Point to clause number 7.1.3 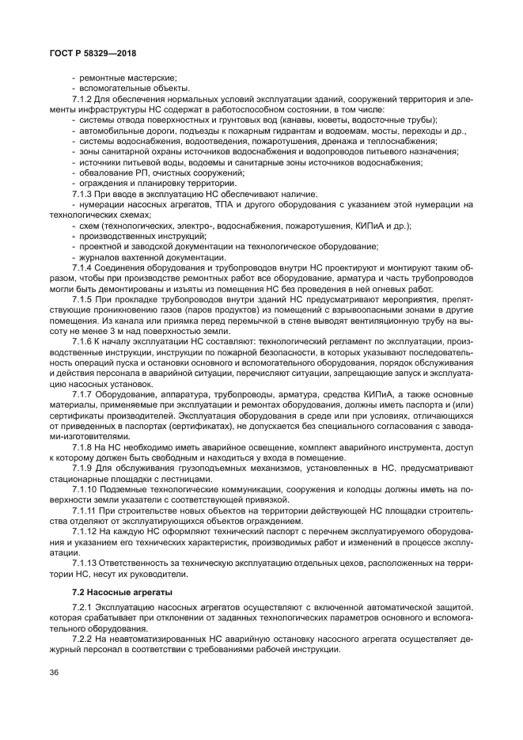pyautogui.click(x=83, y=193)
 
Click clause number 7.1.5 pyautogui.click(x=83, y=301)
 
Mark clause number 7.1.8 pyautogui.click(x=83, y=447)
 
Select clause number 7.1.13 pyautogui.click(x=85, y=564)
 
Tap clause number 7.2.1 pyautogui.click(x=83, y=607)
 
